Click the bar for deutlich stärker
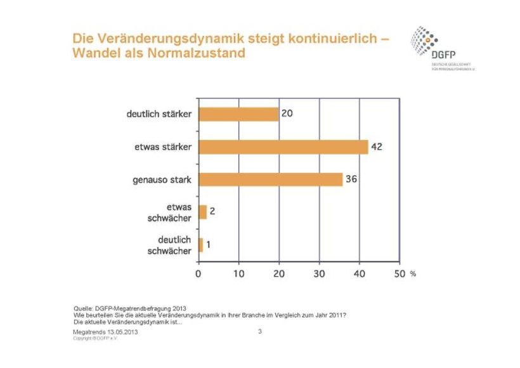238,114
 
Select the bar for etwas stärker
283,147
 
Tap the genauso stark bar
271,180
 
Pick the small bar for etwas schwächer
203,212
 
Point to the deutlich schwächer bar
201,245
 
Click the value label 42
377,147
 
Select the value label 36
351,180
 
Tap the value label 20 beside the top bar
287,114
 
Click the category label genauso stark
163,180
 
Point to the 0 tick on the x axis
198,274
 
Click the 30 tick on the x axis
319,274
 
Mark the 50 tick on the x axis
399,274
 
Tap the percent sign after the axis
412,275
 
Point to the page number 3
260,331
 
